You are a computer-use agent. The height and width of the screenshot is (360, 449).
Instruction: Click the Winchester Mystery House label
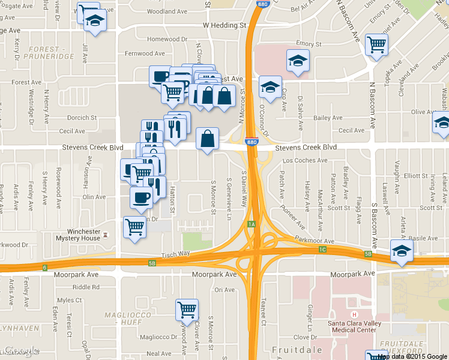click(x=83, y=235)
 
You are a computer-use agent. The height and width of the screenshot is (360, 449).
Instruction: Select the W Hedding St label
click(x=225, y=26)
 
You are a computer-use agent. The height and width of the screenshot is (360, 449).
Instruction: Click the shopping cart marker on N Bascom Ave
click(x=376, y=44)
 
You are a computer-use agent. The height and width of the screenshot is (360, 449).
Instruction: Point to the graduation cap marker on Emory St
click(x=298, y=61)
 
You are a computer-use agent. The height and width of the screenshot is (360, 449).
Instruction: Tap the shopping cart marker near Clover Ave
click(x=187, y=310)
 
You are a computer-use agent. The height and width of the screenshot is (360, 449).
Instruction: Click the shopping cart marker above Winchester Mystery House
click(x=135, y=227)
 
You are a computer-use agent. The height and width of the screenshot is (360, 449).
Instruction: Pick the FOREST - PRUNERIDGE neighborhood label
click(x=46, y=53)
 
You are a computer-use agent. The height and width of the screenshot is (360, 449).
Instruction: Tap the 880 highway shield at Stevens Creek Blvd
click(x=252, y=142)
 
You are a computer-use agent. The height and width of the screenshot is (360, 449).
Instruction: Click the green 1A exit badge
click(x=252, y=224)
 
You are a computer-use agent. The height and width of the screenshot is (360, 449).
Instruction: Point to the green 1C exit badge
click(x=322, y=249)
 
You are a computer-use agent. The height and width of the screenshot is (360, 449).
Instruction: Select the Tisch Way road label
click(x=176, y=254)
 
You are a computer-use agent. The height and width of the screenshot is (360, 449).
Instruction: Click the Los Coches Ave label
click(x=305, y=161)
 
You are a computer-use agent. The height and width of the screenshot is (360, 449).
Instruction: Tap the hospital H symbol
click(x=354, y=315)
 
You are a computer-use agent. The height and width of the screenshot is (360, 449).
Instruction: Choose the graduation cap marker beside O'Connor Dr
click(x=270, y=86)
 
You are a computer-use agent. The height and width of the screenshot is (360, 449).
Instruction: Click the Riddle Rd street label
click(x=87, y=287)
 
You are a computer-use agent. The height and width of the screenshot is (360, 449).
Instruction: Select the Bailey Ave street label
click(x=327, y=118)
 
